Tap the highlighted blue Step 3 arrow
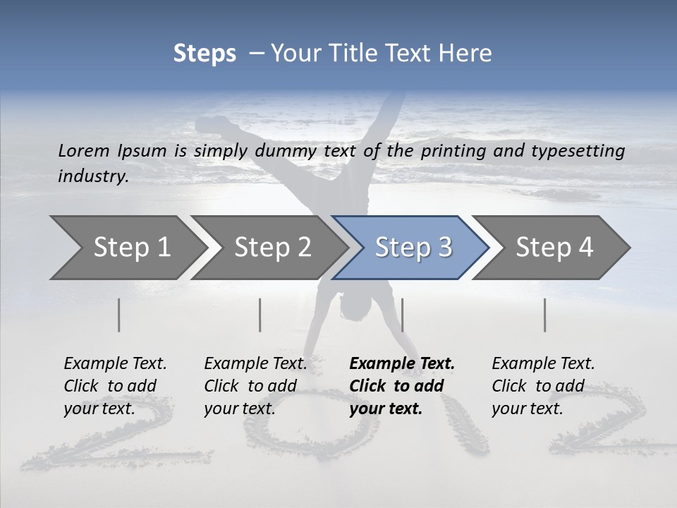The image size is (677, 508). point(413,248)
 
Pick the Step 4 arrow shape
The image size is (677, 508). point(554,248)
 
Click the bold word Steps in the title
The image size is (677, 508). point(205,54)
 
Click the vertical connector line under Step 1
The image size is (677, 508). point(119,315)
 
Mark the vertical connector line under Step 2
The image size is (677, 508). point(260,315)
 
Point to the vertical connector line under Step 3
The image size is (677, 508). point(402,315)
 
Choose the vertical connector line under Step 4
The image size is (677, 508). point(544,315)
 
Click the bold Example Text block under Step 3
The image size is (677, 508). point(402,386)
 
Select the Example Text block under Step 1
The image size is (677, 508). point(115,386)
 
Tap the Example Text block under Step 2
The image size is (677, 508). point(255,386)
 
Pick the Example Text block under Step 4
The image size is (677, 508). point(543,386)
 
